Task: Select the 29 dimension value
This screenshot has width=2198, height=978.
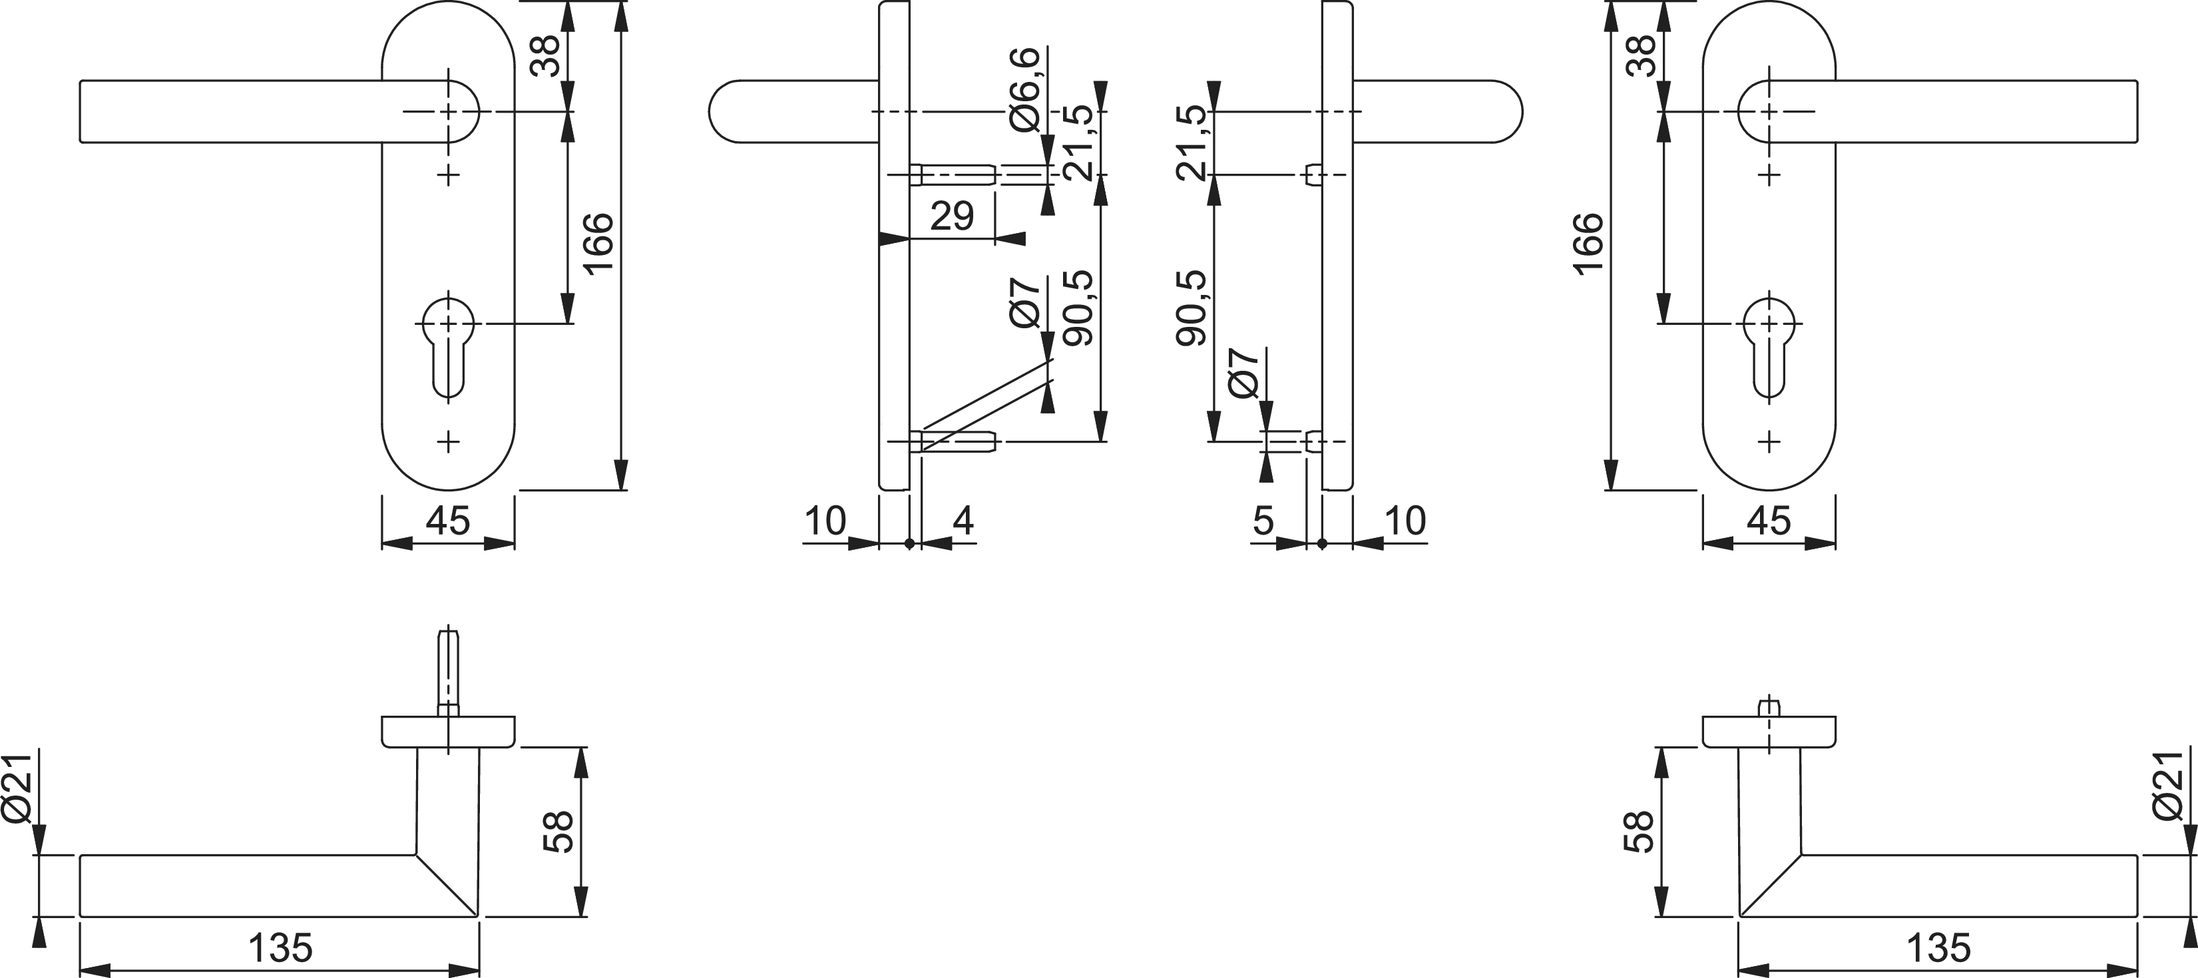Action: [x=951, y=216]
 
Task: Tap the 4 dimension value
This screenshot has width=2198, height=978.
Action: [x=963, y=520]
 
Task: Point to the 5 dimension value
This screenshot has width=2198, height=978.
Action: [x=1263, y=520]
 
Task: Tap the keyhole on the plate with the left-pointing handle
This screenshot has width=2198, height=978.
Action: [x=448, y=346]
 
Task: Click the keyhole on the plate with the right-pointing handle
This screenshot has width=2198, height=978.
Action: [x=1769, y=346]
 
